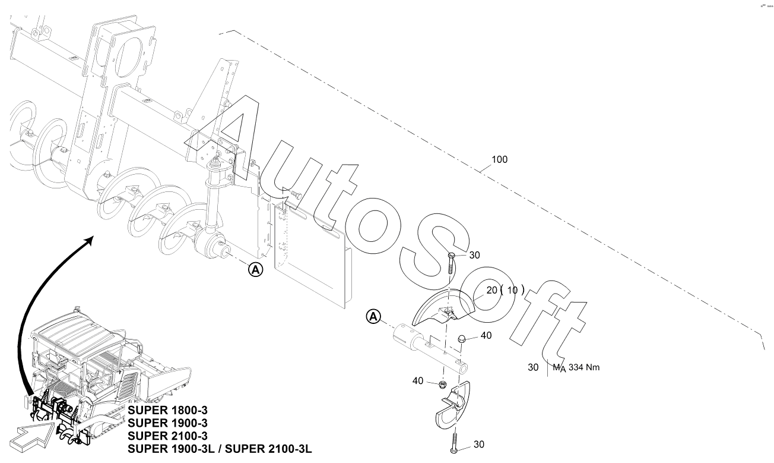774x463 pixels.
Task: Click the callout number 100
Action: click(499, 159)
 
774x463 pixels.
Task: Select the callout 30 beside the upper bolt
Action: click(474, 255)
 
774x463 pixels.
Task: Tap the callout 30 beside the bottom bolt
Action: click(478, 445)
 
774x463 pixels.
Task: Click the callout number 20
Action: click(491, 290)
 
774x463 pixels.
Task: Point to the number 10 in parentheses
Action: click(512, 290)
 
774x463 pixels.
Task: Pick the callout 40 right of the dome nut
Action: click(486, 335)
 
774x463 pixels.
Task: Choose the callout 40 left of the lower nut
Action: click(418, 380)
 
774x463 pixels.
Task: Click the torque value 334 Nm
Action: click(584, 367)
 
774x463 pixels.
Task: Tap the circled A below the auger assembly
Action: click(255, 269)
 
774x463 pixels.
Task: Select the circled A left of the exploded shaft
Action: click(373, 316)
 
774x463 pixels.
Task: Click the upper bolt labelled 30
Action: click(451, 264)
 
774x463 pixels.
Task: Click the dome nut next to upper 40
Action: click(462, 338)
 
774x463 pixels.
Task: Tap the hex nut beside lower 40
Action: click(442, 384)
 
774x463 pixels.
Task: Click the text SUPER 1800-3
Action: click(167, 411)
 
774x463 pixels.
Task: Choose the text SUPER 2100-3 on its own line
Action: click(167, 436)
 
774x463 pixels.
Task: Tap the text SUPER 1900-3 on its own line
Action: click(167, 423)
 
